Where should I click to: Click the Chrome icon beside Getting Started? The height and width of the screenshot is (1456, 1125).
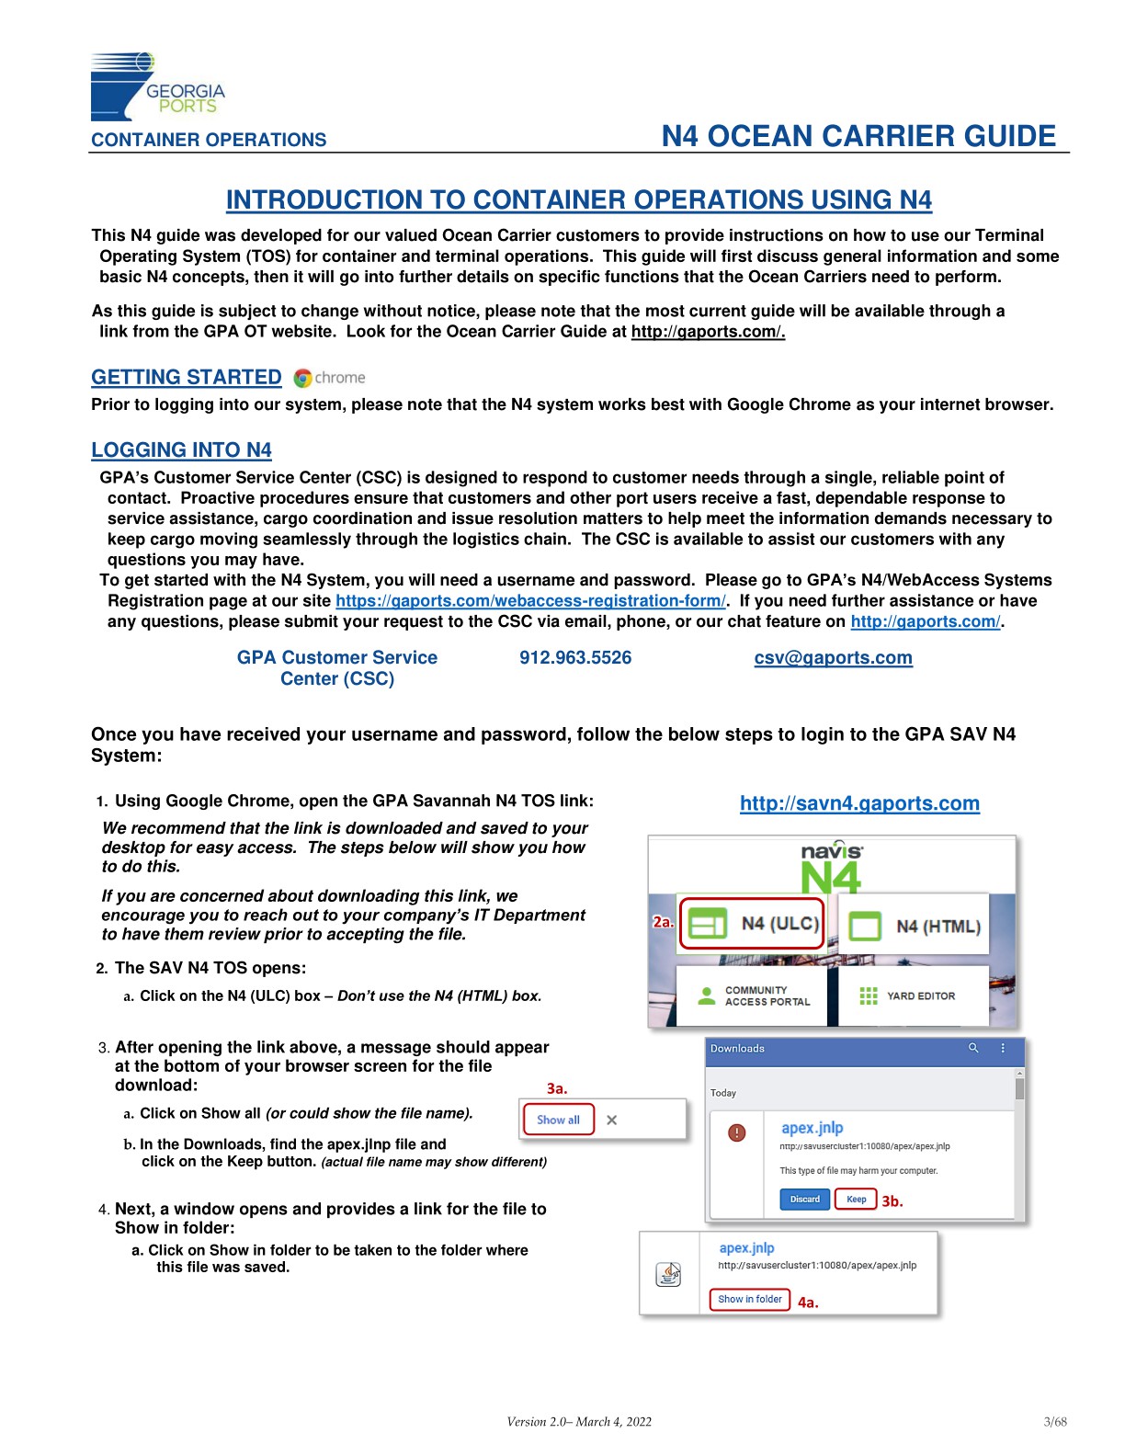(x=302, y=378)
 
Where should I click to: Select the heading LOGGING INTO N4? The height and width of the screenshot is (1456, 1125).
(x=181, y=450)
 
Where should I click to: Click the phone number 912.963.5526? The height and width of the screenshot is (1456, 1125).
(x=575, y=658)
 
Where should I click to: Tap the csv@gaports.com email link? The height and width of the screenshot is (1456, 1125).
(x=833, y=658)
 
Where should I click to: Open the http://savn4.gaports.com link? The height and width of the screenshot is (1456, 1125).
(x=859, y=803)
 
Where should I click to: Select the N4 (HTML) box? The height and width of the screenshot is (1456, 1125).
(x=914, y=926)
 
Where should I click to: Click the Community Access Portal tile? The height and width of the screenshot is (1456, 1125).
(x=756, y=996)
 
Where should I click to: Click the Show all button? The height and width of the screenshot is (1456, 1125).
(x=558, y=1120)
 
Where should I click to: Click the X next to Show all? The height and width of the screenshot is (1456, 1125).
(x=612, y=1120)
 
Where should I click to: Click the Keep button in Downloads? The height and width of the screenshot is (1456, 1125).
(x=856, y=1199)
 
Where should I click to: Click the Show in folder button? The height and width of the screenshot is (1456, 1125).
(x=749, y=1299)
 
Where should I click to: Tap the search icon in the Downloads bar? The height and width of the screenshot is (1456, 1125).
(x=973, y=1048)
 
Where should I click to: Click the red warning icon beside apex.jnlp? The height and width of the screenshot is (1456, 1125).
(x=736, y=1132)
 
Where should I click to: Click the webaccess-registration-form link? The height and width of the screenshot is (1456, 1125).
(x=530, y=601)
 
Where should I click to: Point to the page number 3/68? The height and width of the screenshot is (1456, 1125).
(x=1055, y=1422)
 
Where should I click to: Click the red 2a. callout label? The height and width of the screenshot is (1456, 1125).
(x=663, y=921)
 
